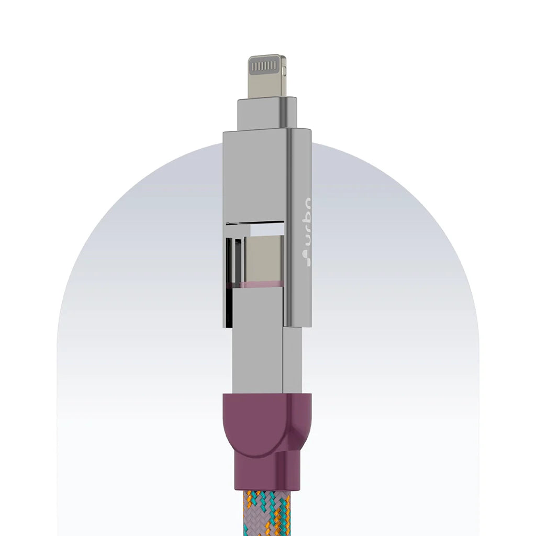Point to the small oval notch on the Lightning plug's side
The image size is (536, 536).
(284, 70)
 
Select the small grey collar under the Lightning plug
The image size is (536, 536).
(267, 113)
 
